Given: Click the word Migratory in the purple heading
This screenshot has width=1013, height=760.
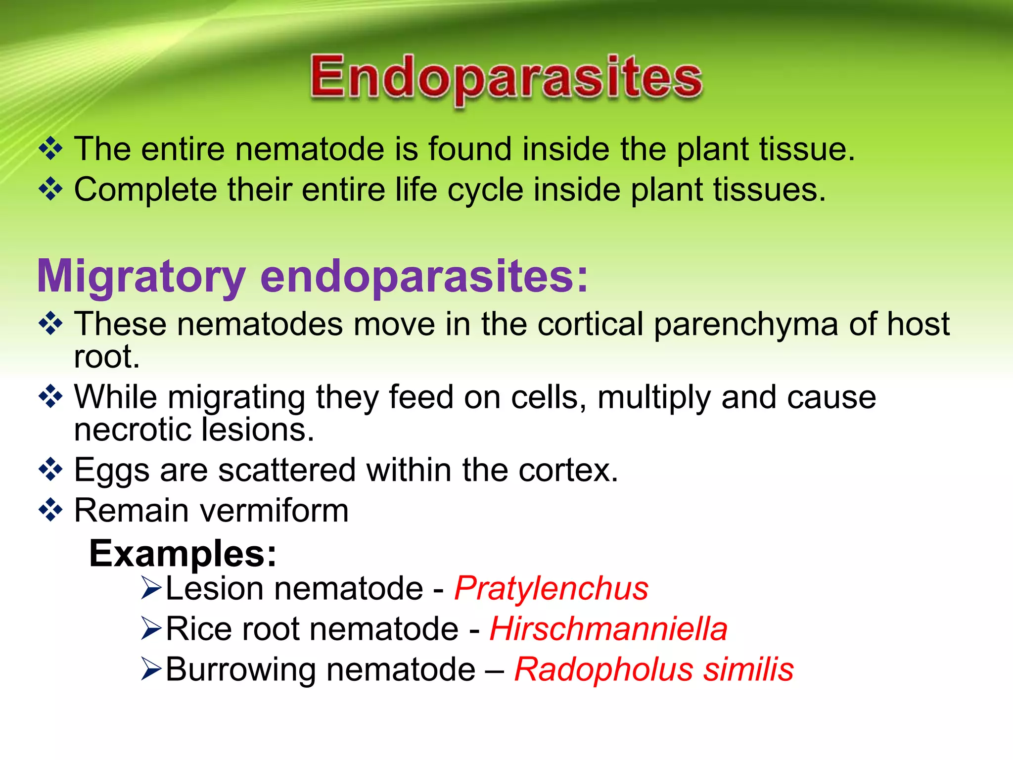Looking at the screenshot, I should pyautogui.click(x=141, y=277).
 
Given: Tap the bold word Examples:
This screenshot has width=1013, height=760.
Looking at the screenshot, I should pyautogui.click(x=183, y=554).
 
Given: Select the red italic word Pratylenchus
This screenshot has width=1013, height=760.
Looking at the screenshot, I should pyautogui.click(x=551, y=589).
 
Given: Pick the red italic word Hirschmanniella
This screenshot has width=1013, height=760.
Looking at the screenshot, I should pyautogui.click(x=608, y=629).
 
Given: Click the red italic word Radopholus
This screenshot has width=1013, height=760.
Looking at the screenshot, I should pyautogui.click(x=603, y=670).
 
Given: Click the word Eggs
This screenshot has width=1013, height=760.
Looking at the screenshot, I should pyautogui.click(x=111, y=471).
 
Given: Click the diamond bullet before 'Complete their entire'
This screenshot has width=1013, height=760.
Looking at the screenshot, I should pyautogui.click(x=51, y=189).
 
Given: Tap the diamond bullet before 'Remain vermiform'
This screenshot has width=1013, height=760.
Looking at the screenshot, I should pyautogui.click(x=51, y=510).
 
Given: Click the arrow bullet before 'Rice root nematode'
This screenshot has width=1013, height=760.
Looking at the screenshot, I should pyautogui.click(x=151, y=629).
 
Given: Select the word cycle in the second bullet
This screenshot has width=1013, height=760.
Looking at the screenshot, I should pyautogui.click(x=485, y=190).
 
